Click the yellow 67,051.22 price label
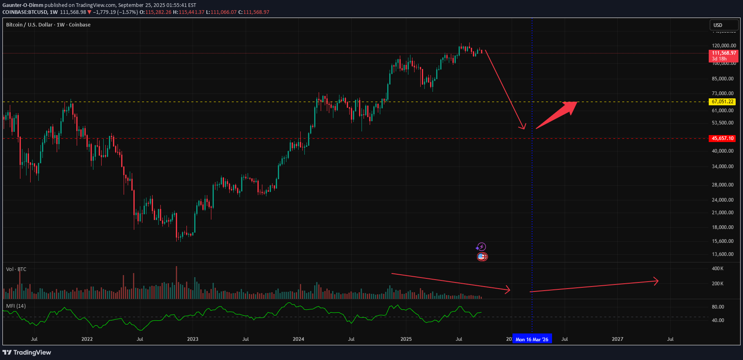click(x=723, y=102)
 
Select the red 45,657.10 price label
click(x=723, y=138)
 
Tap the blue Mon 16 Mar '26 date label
click(x=532, y=339)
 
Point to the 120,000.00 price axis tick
click(x=724, y=46)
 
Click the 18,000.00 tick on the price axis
click(x=723, y=227)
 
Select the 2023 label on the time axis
click(x=193, y=339)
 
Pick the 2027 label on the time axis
click(x=617, y=339)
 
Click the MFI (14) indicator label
click(x=16, y=306)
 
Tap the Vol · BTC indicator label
click(x=16, y=269)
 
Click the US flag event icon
click(x=482, y=257)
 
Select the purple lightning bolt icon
click(x=481, y=247)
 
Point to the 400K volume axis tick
click(x=718, y=269)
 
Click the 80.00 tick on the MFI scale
click(x=718, y=307)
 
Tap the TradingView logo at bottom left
click(x=27, y=353)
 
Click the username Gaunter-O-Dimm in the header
click(x=23, y=5)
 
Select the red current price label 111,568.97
click(x=724, y=53)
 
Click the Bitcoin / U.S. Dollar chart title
click(x=48, y=25)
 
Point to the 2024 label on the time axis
click(x=298, y=339)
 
